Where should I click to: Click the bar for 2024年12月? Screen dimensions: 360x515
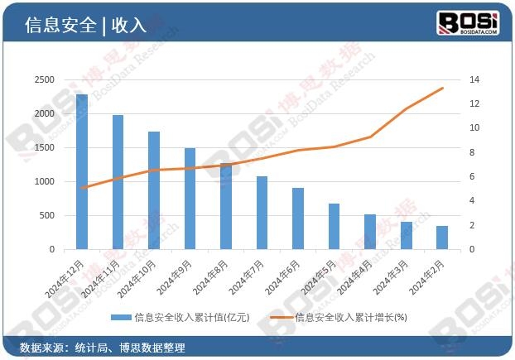(82, 171)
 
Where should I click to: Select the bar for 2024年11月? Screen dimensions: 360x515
(118, 182)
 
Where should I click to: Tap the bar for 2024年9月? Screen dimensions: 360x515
(190, 199)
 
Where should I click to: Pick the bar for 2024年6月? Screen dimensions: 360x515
(298, 218)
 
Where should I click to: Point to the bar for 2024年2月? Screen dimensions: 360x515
(442, 238)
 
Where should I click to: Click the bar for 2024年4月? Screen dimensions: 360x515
(370, 232)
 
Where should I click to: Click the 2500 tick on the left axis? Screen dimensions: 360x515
(45, 79)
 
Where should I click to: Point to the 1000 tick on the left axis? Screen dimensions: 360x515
(45, 181)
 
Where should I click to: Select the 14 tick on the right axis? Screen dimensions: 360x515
(474, 79)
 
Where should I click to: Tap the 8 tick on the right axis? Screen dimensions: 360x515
(472, 152)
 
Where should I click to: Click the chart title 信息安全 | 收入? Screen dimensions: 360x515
(85, 25)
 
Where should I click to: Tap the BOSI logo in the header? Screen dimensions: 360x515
(468, 23)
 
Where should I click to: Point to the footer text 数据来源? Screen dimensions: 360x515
(41, 348)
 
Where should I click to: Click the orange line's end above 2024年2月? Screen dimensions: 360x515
(442, 88)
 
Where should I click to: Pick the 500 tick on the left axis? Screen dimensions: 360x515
(47, 215)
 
